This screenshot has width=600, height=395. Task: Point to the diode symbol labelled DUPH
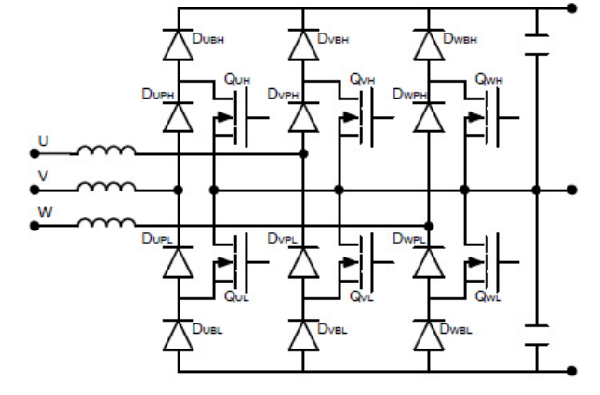[x=178, y=117]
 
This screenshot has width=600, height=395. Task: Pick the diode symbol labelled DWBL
[x=429, y=332]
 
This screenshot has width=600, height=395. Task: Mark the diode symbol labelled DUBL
[x=178, y=332]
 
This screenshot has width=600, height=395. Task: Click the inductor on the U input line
[x=106, y=151]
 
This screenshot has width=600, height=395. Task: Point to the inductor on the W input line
[x=106, y=223]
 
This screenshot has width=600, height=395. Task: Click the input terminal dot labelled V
[x=35, y=190]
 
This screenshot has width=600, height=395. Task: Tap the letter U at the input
[x=42, y=139]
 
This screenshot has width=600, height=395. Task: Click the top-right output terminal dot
[x=571, y=8]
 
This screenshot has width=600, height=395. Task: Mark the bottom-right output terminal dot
[x=571, y=372]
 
